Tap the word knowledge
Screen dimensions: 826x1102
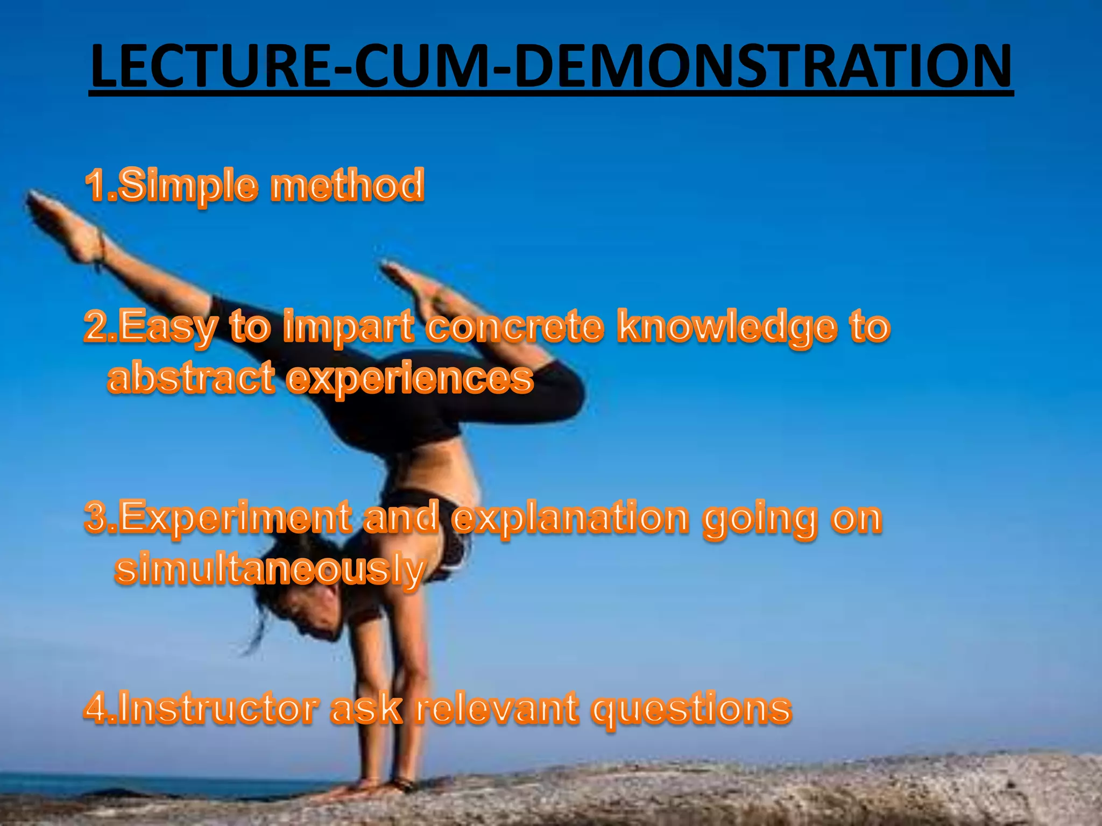[727, 327]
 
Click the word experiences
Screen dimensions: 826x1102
[409, 379]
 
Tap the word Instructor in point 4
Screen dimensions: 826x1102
[216, 708]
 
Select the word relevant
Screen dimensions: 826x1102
[498, 708]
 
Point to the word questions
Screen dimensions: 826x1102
[691, 709]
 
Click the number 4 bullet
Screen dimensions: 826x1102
[97, 708]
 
